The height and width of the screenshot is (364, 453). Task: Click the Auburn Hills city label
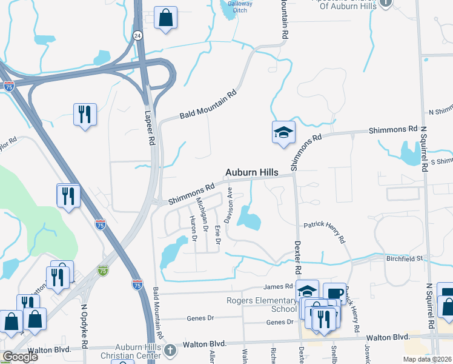[252, 173]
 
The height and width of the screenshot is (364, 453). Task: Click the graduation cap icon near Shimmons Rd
[283, 134]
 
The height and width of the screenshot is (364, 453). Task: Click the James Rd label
[278, 286]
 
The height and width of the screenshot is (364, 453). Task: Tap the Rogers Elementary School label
[262, 304]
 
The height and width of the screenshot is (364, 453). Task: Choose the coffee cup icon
[334, 294]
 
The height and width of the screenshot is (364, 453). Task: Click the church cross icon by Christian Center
[170, 349]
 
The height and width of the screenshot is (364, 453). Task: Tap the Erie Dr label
[217, 234]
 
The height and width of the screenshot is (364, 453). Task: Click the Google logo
[20, 357]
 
